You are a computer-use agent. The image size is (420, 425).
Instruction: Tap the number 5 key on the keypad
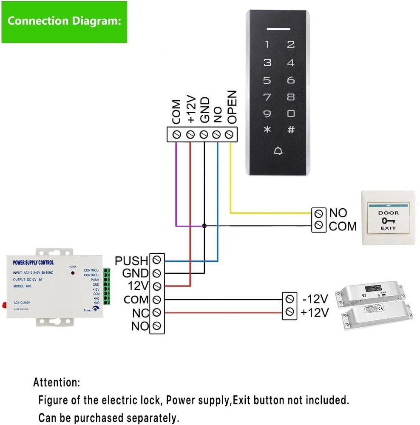click(267, 80)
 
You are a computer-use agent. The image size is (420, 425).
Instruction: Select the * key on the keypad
click(267, 130)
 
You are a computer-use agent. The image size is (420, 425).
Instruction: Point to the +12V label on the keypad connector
click(191, 110)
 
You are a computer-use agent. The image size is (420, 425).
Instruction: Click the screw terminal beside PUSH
click(157, 259)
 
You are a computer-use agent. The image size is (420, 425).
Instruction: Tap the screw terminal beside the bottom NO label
click(157, 326)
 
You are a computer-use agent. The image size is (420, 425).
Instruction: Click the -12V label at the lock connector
click(315, 299)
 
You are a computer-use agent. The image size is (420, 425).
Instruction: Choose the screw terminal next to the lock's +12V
click(290, 312)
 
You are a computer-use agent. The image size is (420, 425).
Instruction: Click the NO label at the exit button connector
click(338, 213)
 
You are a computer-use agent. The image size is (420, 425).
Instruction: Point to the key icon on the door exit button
click(388, 221)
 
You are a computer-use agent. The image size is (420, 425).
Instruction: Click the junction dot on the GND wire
click(204, 226)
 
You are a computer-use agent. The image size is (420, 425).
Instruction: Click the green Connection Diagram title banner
click(64, 22)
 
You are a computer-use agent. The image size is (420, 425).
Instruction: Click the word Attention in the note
click(57, 382)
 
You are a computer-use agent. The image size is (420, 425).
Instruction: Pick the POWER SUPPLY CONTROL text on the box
click(34, 263)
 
